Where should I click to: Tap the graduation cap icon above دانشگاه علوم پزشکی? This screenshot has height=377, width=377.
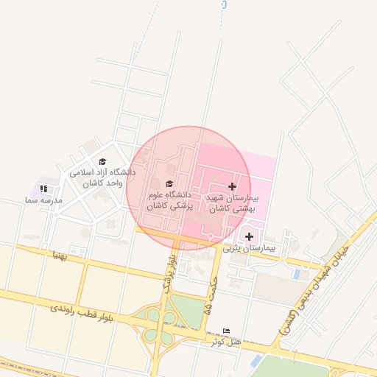click(169, 184)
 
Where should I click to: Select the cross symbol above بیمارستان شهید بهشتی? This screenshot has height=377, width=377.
click(233, 187)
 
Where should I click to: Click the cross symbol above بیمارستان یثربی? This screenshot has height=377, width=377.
click(249, 236)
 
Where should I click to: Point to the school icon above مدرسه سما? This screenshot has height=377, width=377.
click(43, 189)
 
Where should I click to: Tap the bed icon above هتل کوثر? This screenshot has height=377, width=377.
click(225, 331)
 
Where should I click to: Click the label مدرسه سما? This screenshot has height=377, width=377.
click(42, 200)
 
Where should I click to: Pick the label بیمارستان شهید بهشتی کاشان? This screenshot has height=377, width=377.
click(232, 204)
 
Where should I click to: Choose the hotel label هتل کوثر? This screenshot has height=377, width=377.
click(224, 342)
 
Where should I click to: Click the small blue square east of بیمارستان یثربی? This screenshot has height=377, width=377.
click(296, 274)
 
